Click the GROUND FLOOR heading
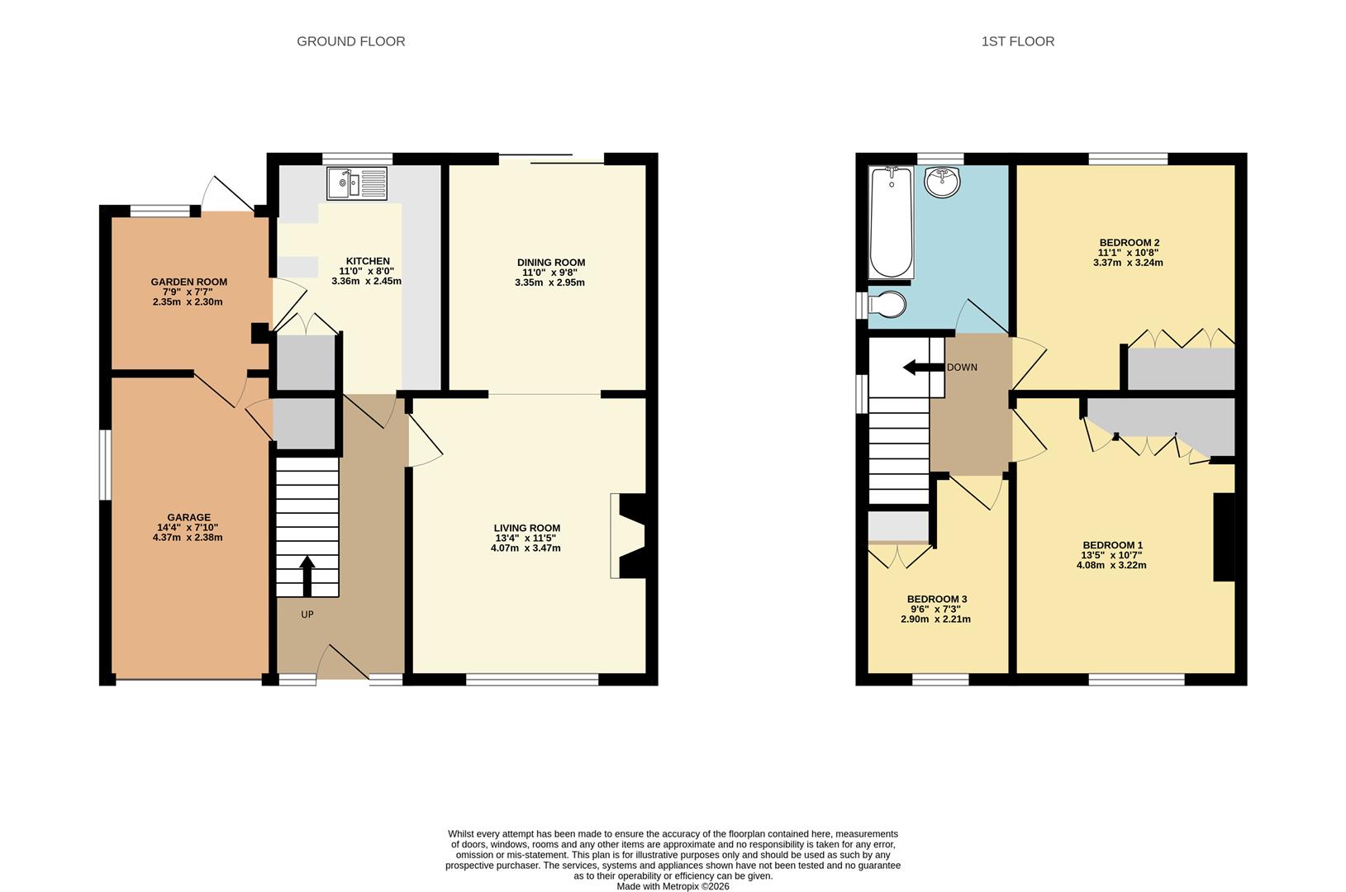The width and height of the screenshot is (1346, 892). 351,41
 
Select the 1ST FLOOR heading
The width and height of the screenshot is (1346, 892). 1017,41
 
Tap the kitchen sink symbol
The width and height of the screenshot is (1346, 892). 357,183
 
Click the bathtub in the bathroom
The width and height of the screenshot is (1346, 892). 892,221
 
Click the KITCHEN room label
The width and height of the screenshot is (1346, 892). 367,261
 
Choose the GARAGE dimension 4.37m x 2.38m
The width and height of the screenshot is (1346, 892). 188,538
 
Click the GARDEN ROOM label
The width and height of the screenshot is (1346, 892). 188,282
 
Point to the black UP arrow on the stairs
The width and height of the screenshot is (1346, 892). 307,576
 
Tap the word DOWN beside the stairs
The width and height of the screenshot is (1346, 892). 962,368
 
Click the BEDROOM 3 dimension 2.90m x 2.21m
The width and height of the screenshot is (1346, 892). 935,619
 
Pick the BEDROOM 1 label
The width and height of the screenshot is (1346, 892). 1112,545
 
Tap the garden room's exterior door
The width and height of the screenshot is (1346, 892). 231,193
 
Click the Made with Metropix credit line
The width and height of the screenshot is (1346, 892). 673,886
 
